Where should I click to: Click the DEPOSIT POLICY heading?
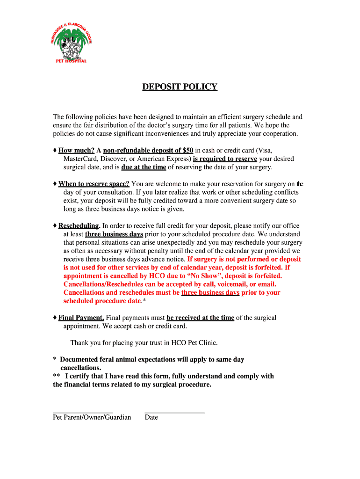point(180,87)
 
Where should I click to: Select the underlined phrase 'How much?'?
point(76,150)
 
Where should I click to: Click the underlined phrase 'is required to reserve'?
point(225,159)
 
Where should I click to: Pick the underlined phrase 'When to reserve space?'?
point(94,184)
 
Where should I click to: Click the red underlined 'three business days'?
point(210,292)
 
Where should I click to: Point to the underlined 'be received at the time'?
point(200,318)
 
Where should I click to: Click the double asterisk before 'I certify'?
point(57,376)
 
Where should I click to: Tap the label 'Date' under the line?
point(151,417)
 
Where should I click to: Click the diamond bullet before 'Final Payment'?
point(55,318)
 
